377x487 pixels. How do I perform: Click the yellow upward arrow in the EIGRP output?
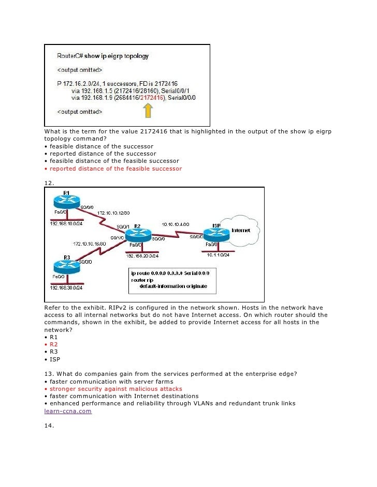point(148,110)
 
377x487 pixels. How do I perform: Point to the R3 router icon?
point(66,266)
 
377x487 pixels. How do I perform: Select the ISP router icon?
point(216,232)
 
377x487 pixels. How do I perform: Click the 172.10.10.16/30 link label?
point(89,243)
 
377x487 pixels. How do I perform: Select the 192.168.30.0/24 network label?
point(66,287)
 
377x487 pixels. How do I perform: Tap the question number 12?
point(49,182)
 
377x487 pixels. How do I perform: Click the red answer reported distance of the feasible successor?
point(115,169)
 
